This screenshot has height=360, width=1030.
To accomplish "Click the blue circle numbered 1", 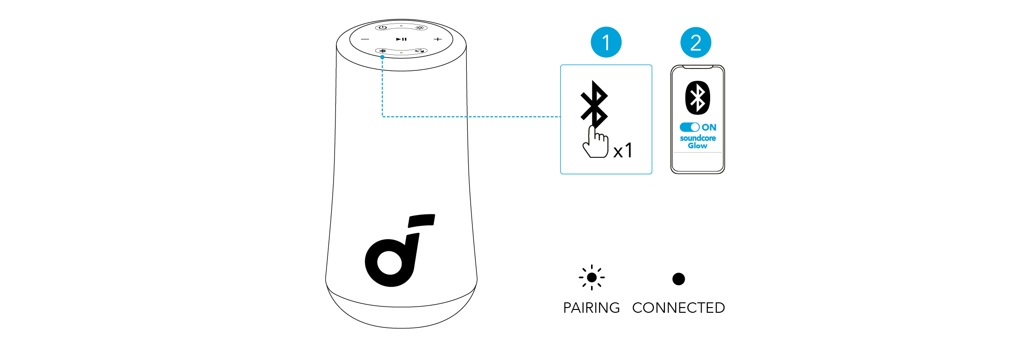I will pyautogui.click(x=606, y=43).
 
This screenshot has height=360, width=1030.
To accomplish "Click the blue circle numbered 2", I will pyautogui.click(x=695, y=43).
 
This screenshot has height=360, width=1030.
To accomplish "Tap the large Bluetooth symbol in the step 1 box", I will pyautogui.click(x=594, y=104).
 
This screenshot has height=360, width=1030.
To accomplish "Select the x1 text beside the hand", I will pyautogui.click(x=623, y=151).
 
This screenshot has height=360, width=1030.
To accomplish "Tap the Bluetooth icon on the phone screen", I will pyautogui.click(x=697, y=98).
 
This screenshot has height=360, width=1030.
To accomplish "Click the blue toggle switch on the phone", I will pyautogui.click(x=689, y=127).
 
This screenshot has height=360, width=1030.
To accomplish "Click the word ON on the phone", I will pyautogui.click(x=709, y=127).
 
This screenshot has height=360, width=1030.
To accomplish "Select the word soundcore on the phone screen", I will pyautogui.click(x=697, y=138).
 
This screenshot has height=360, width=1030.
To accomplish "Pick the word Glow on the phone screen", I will pyautogui.click(x=697, y=146).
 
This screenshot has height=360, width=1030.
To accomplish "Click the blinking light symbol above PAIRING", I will pyautogui.click(x=592, y=277).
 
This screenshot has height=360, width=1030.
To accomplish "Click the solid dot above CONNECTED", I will pyautogui.click(x=678, y=279).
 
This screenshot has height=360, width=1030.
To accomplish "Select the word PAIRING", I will pyautogui.click(x=591, y=308).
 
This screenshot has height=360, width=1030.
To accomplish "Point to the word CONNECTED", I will pyautogui.click(x=678, y=308).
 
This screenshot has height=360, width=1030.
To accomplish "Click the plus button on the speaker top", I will pyautogui.click(x=438, y=39).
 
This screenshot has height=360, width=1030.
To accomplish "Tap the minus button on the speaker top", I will pyautogui.click(x=365, y=39).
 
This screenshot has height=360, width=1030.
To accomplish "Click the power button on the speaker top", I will pyautogui.click(x=382, y=28).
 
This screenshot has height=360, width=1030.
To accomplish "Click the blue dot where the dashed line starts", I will pyautogui.click(x=382, y=57).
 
